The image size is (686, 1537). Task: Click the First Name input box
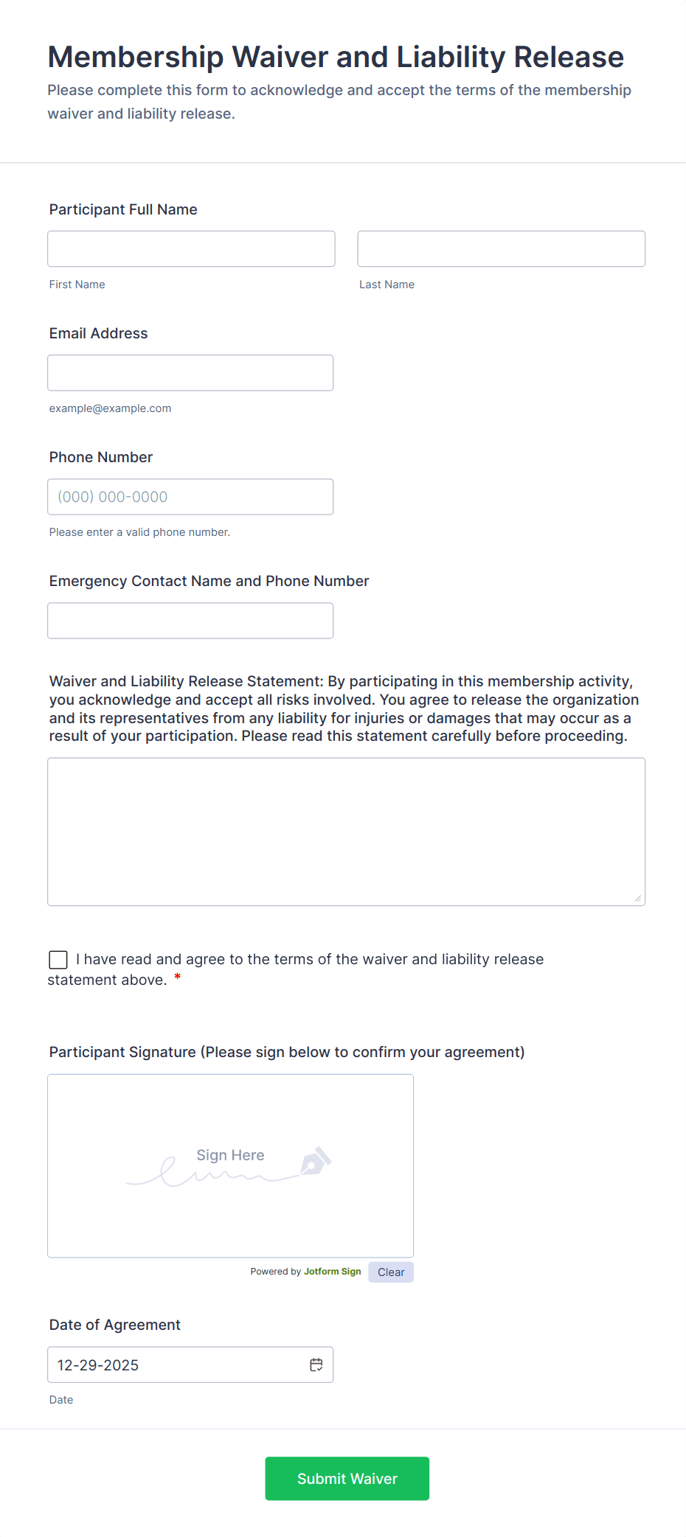[191, 249]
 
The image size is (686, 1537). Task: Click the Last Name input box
[501, 249]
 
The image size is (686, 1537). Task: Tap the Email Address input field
[190, 373]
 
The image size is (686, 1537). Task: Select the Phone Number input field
[190, 497]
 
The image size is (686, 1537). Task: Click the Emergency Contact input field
[190, 621]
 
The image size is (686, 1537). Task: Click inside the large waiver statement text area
[346, 832]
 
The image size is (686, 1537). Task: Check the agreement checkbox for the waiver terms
[58, 959]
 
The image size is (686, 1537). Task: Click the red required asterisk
[177, 978]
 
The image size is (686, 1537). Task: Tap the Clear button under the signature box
[391, 1272]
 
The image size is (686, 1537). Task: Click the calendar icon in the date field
[316, 1365]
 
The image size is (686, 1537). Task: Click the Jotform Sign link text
[332, 1272]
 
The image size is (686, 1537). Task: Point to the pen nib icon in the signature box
[315, 1161]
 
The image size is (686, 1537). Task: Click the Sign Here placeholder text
[230, 1155]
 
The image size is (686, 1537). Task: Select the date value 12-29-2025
[98, 1365]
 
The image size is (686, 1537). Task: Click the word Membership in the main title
[136, 57]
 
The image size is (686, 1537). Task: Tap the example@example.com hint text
[110, 408]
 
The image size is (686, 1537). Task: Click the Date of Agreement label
[114, 1325]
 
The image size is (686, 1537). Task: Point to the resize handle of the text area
[638, 898]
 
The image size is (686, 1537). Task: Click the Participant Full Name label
[123, 209]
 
